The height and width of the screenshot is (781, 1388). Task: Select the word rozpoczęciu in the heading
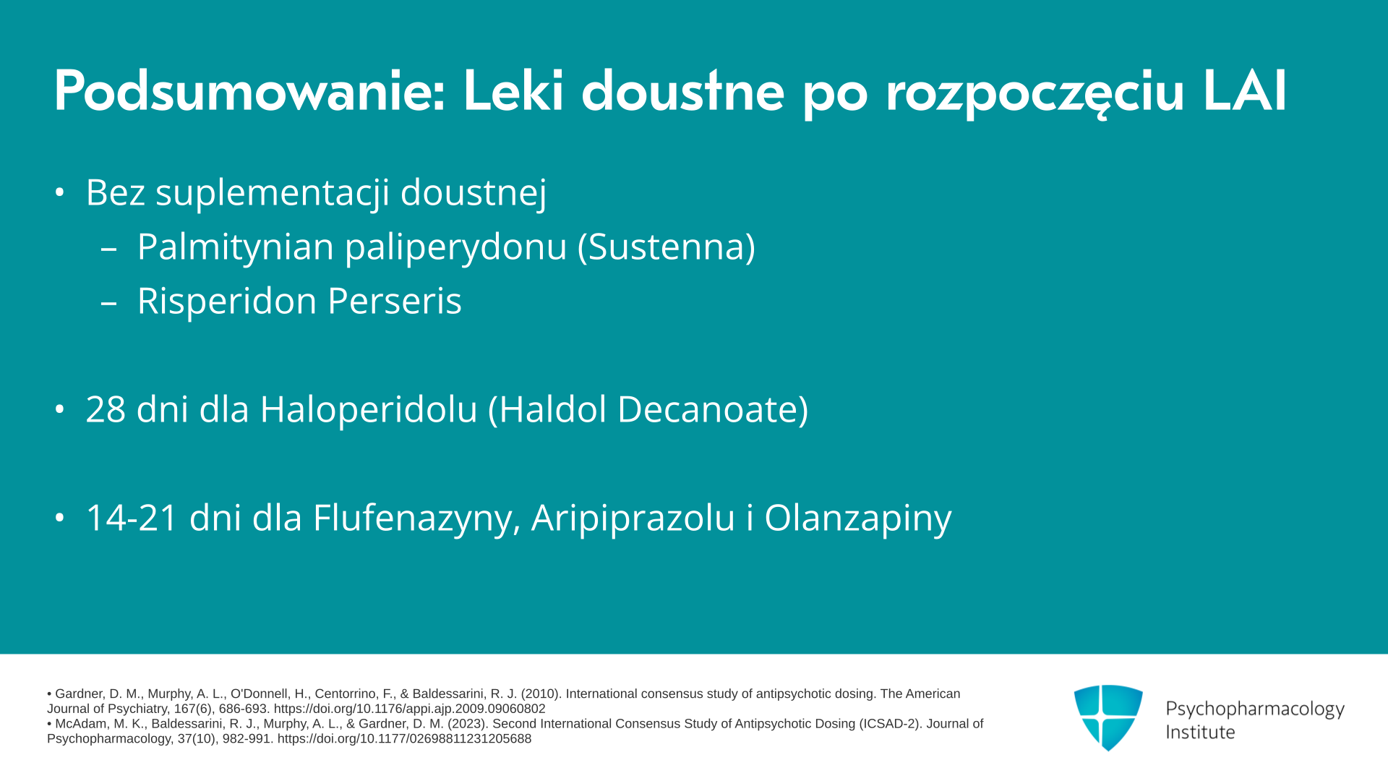click(1034, 94)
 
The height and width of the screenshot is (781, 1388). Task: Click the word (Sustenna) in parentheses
click(666, 247)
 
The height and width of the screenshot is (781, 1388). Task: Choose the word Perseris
click(394, 301)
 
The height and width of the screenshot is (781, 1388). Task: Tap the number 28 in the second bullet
click(106, 409)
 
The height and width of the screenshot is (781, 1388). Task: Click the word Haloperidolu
click(369, 409)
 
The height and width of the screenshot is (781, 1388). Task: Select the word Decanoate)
click(713, 409)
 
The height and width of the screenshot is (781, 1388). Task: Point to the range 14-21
click(132, 518)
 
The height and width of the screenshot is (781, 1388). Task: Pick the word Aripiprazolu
click(633, 518)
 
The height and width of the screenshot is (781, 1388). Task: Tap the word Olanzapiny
click(858, 518)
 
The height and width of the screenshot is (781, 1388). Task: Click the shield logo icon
click(1108, 717)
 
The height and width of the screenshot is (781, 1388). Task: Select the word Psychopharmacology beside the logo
click(1255, 709)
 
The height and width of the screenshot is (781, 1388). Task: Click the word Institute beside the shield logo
click(1200, 732)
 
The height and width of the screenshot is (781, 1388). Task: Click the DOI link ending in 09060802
click(409, 709)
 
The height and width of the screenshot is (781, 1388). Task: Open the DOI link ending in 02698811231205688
click(404, 739)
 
